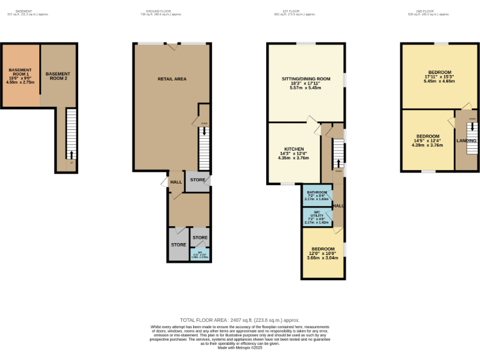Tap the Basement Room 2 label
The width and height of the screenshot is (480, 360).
click(58, 76)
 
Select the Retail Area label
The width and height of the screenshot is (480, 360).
click(172, 79)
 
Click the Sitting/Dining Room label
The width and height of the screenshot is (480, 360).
click(306, 79)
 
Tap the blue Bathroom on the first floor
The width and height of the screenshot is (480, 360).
click(317, 195)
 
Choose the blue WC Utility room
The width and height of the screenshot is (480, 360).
click(317, 216)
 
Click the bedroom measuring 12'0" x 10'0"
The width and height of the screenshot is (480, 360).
click(322, 253)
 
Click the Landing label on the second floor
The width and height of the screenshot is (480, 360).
click(467, 141)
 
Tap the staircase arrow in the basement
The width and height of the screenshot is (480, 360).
click(71, 155)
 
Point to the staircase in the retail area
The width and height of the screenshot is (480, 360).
click(204, 147)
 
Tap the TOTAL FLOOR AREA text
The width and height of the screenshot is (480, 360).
click(240, 319)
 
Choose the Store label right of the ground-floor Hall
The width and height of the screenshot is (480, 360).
click(197, 180)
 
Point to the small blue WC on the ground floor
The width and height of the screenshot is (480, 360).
click(200, 254)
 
